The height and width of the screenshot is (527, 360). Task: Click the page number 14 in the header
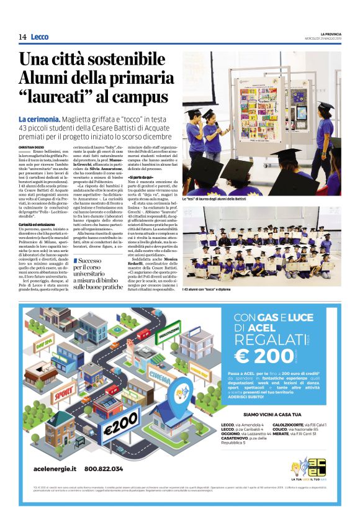[22, 37]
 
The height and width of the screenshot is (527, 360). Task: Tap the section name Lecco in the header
[39, 37]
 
